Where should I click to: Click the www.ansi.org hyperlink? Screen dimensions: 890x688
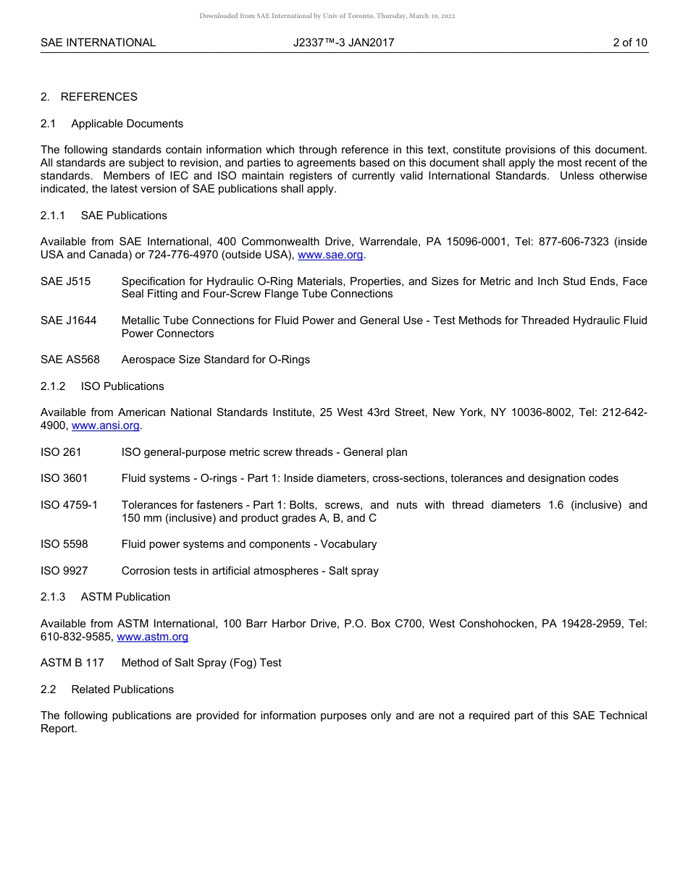pyautogui.click(x=105, y=426)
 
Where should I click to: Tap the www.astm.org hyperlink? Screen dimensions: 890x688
pyautogui.click(x=152, y=637)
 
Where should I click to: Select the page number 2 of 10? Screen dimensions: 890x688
pyautogui.click(x=629, y=43)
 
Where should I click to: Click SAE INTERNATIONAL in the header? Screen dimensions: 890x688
pyautogui.click(x=98, y=43)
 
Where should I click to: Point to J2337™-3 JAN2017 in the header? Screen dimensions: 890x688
pyautogui.click(x=343, y=43)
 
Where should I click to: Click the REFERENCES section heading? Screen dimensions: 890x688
pyautogui.click(x=98, y=97)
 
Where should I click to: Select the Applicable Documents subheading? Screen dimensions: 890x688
pyautogui.click(x=127, y=124)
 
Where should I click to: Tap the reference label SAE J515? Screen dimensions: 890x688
pyautogui.click(x=65, y=281)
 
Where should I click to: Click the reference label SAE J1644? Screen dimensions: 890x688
pyautogui.click(x=68, y=321)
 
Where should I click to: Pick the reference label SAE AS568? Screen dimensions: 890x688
pyautogui.click(x=70, y=360)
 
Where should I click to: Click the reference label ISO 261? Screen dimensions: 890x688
pyautogui.click(x=61, y=452)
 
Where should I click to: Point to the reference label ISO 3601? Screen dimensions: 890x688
pyautogui.click(x=64, y=478)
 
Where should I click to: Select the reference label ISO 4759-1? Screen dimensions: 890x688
pyautogui.click(x=69, y=505)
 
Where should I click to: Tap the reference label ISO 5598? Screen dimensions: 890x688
pyautogui.click(x=64, y=544)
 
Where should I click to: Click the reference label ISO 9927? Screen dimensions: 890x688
pyautogui.click(x=64, y=571)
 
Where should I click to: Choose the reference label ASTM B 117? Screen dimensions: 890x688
pyautogui.click(x=72, y=663)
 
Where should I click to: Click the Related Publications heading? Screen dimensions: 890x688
pyautogui.click(x=122, y=690)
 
